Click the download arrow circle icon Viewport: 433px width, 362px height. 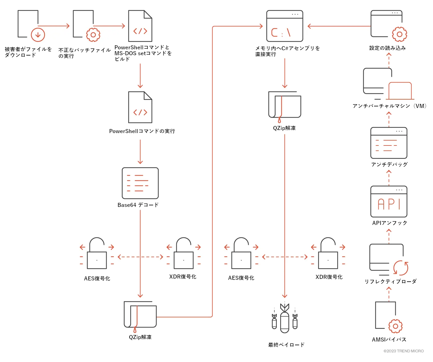[38, 35]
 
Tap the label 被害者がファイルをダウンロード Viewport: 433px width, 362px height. [28, 52]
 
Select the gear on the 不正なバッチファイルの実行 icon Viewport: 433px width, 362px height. [93, 35]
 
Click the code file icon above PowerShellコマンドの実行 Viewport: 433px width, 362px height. [140, 107]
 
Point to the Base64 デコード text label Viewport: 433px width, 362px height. [138, 205]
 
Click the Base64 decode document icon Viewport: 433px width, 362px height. [140, 183]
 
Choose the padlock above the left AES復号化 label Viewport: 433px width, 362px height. [97, 253]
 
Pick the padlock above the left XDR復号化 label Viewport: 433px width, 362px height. [183, 253]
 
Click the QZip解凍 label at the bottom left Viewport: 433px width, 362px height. [140, 337]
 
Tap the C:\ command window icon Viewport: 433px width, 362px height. [285, 26]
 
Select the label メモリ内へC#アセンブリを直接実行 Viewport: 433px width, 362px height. [287, 51]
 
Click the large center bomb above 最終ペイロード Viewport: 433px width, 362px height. [285, 320]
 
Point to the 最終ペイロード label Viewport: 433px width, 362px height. [286, 345]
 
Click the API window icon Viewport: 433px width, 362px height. [389, 202]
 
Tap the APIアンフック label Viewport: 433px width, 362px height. [390, 223]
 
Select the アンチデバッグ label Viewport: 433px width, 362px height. [389, 164]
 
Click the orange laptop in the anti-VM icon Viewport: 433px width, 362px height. [400, 91]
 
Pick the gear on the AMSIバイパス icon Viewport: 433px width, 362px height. [395, 326]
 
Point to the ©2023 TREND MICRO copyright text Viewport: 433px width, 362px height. [403, 351]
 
